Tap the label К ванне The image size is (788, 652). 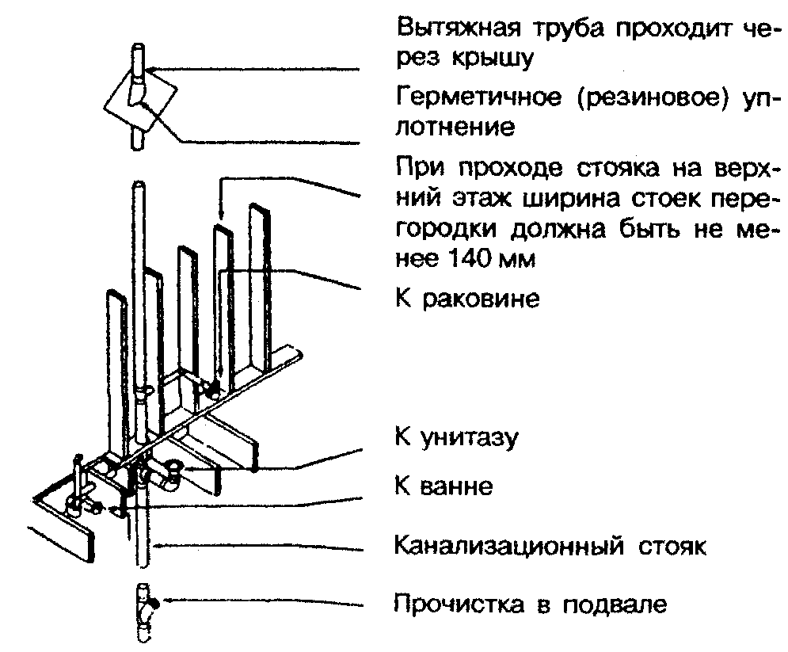[443, 485]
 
